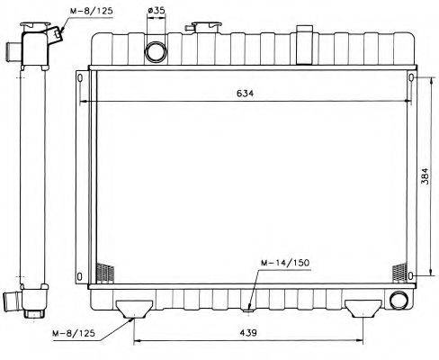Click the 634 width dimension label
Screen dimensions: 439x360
pyautogui.click(x=245, y=94)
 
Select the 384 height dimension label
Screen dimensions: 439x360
pyautogui.click(x=425, y=175)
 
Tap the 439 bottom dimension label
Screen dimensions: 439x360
pyautogui.click(x=248, y=332)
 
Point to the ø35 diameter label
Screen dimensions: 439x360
pyautogui.click(x=157, y=11)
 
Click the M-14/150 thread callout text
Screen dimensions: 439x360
pyautogui.click(x=285, y=263)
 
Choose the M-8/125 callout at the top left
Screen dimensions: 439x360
pyautogui.click(x=91, y=11)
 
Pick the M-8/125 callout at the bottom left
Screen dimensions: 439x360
pyautogui.click(x=74, y=333)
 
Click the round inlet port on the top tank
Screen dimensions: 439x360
pyautogui.click(x=156, y=51)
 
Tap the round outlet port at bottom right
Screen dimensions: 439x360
pyautogui.click(x=399, y=300)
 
